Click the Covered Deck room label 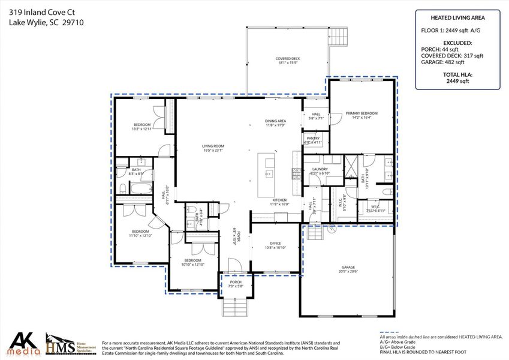click(288, 59)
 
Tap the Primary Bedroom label click(362, 113)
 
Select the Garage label click(348, 267)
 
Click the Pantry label click(313, 139)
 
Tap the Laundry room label click(320, 170)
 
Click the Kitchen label click(279, 200)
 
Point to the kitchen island click(266, 174)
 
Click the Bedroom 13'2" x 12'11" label click(141, 124)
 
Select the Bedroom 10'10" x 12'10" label click(193, 260)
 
